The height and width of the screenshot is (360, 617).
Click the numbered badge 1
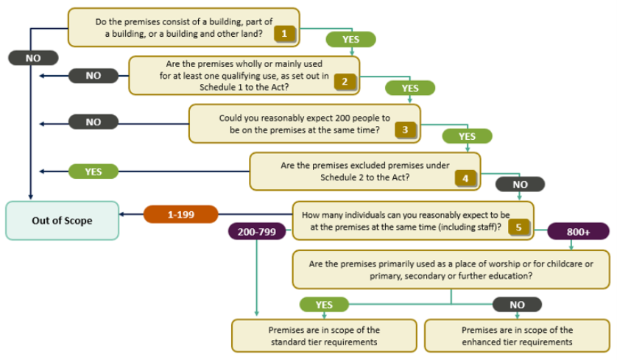[284, 34]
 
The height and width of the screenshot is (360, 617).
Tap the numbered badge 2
[345, 82]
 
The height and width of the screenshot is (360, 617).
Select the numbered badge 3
[405, 130]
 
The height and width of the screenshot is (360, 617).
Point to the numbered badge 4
[465, 178]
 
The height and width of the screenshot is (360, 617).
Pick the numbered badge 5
[518, 227]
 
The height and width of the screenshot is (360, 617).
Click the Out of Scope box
[62, 221]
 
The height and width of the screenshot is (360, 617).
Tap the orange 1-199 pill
[180, 214]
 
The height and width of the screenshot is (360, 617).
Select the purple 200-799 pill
[257, 232]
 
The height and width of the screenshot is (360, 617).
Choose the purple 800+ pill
[578, 232]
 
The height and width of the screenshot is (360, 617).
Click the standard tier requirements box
[324, 336]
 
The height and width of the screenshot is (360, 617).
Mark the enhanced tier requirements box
[517, 336]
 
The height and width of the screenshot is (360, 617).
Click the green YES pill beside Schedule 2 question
[94, 172]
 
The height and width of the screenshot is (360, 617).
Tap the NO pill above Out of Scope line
[33, 58]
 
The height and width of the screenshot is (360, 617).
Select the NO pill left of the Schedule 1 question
[94, 76]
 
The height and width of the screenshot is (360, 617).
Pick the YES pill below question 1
[350, 39]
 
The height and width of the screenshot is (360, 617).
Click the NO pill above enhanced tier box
[517, 305]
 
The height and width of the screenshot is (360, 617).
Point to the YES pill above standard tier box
[324, 305]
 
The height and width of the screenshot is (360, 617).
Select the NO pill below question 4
[520, 184]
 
